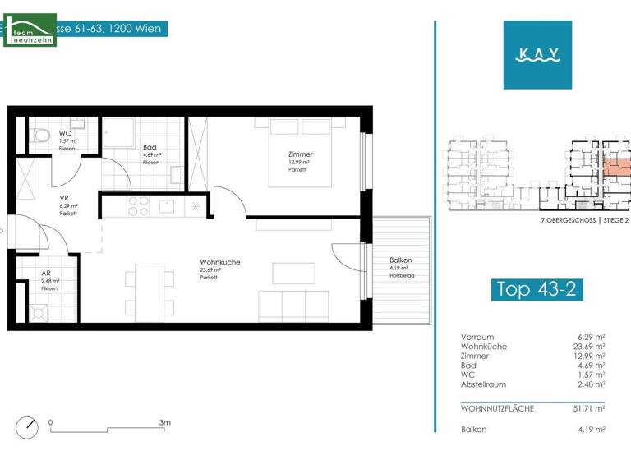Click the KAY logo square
[538, 55]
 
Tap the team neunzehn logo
[30, 30]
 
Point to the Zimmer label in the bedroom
[300, 154]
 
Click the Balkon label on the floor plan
[401, 261]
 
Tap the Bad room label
[150, 148]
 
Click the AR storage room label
[47, 275]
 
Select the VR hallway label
[63, 199]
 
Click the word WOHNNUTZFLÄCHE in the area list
[497, 408]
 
